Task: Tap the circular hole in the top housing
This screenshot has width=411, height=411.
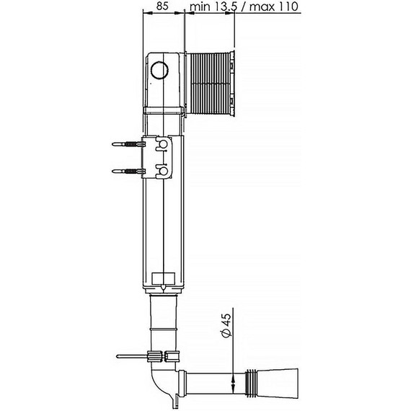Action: point(161,71)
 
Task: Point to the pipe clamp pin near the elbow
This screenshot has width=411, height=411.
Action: point(130,355)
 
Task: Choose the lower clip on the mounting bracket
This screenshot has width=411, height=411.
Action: point(163,171)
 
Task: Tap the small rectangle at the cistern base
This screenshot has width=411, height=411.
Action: point(165,278)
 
